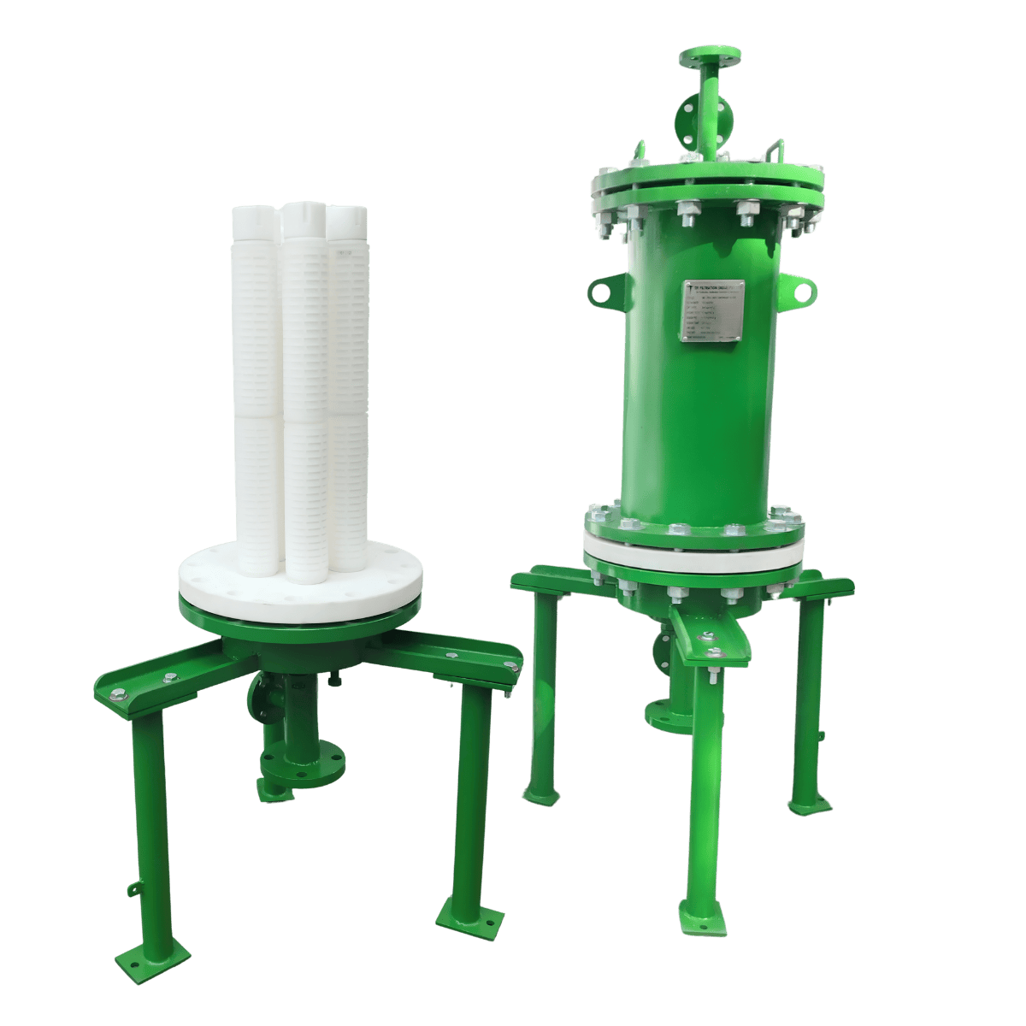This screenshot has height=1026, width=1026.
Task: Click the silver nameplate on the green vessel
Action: click(712, 311)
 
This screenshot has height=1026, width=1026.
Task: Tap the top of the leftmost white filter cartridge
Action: click(253, 215)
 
